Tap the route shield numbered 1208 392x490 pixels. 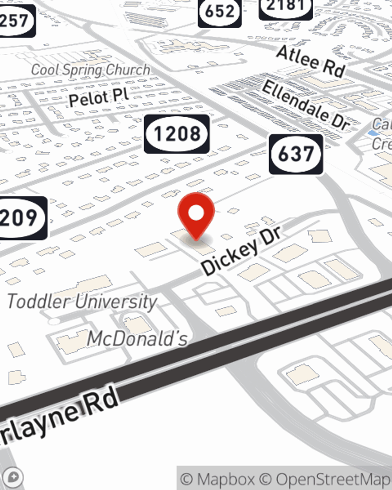(177, 134)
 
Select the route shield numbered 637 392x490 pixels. (296, 154)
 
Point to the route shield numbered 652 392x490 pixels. (220, 12)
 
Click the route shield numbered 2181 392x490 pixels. (286, 7)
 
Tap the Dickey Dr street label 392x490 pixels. (241, 251)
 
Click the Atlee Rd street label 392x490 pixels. (311, 61)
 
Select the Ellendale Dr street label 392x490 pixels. (306, 105)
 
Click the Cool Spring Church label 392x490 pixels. (91, 70)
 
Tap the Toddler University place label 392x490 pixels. (82, 302)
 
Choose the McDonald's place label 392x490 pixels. (137, 339)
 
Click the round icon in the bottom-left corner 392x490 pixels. (13, 477)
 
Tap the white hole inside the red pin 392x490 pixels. (196, 213)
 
